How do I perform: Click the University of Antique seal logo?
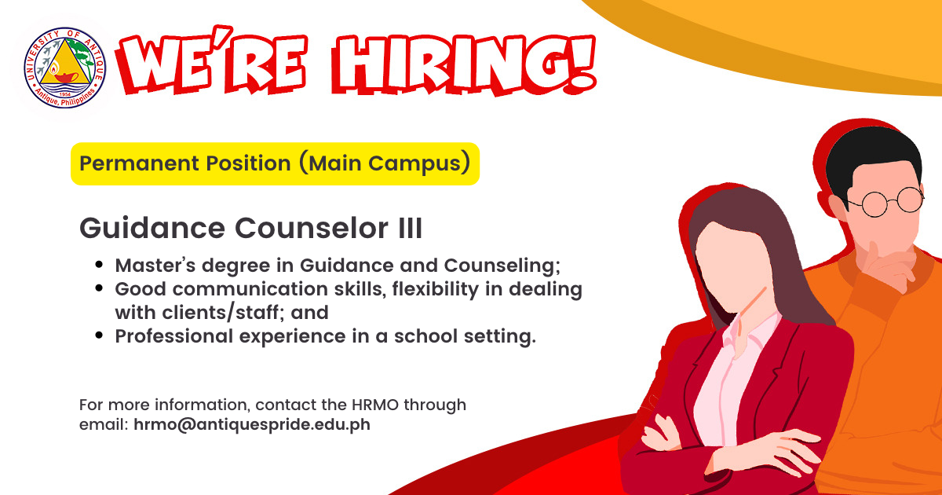[x=64, y=68]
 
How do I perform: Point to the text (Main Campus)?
[x=385, y=163]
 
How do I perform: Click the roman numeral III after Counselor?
[x=410, y=229]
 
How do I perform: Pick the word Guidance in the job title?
[x=152, y=229]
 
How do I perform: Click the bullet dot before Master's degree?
[x=99, y=265]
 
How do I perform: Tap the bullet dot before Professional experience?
[x=99, y=335]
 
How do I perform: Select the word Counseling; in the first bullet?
[x=502, y=266]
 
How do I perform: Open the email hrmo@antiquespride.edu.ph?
[x=252, y=424]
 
